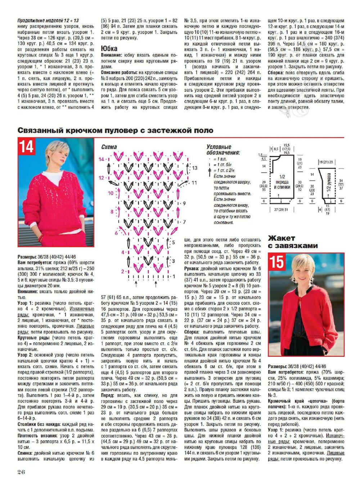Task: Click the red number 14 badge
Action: point(26,147)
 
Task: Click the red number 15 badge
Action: point(277,261)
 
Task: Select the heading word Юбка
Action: point(109,48)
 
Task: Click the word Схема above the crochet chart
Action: point(109,147)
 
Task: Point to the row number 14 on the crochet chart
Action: point(101,159)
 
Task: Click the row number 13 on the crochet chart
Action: point(194,168)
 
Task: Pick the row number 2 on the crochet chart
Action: point(122,271)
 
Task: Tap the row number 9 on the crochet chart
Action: point(184,203)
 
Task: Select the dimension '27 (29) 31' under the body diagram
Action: point(281,209)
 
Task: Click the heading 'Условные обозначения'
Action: point(223,149)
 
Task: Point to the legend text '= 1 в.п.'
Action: point(220,159)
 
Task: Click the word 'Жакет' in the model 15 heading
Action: point(282,238)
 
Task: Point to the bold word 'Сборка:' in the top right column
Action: point(276,72)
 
